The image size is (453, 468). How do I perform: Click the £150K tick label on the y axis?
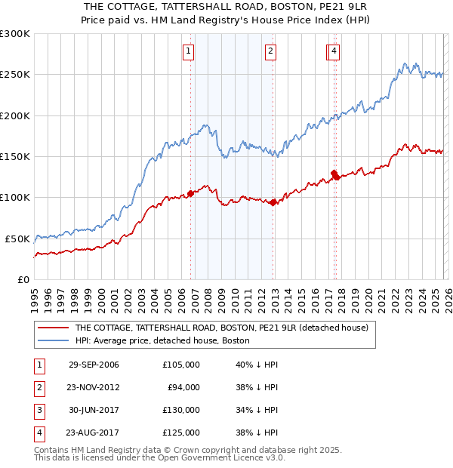(x=14, y=156)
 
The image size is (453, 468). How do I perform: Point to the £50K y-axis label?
(x=17, y=238)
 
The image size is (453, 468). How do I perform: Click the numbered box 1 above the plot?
(x=188, y=51)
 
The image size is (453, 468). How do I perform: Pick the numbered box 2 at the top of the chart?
(x=270, y=51)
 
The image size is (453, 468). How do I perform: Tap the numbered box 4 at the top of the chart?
(x=334, y=51)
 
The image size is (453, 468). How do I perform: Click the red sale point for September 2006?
(x=190, y=193)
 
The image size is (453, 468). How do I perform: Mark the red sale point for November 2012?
(x=273, y=202)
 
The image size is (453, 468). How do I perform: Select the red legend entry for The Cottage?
(x=220, y=328)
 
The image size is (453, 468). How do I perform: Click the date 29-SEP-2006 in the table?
(x=94, y=365)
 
